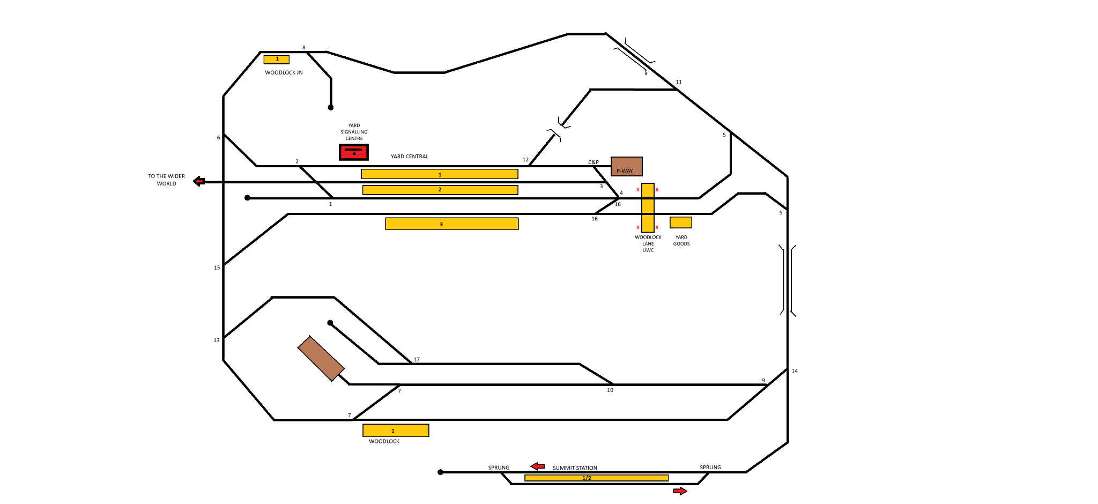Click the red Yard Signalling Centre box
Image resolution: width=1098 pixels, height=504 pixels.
(354, 152)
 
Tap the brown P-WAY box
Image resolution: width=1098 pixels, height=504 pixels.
(626, 166)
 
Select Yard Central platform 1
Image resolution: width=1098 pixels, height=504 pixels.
(440, 174)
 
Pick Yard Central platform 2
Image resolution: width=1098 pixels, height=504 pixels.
(440, 190)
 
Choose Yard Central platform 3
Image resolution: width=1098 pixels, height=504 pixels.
(452, 224)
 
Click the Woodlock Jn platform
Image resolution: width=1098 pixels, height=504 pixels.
(277, 60)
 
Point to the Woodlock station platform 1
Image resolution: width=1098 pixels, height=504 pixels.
(396, 431)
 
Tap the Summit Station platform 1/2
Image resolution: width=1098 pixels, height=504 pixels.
(596, 478)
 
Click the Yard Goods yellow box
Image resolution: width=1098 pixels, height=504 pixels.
(681, 223)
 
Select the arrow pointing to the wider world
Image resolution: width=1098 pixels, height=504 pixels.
(199, 181)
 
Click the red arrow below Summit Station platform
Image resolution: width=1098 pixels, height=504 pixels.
(680, 491)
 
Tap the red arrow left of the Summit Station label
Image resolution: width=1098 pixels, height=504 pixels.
(538, 466)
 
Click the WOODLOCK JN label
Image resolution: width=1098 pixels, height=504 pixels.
(284, 72)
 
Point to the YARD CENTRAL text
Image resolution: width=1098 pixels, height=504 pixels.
(410, 157)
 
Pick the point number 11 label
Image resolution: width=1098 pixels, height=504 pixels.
(679, 82)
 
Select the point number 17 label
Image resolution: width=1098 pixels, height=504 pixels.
(417, 359)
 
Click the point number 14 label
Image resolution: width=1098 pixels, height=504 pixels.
(795, 371)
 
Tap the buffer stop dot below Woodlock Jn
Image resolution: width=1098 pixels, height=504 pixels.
(331, 107)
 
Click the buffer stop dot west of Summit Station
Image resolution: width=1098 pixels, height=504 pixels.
(441, 472)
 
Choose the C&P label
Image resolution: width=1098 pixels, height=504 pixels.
(593, 162)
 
